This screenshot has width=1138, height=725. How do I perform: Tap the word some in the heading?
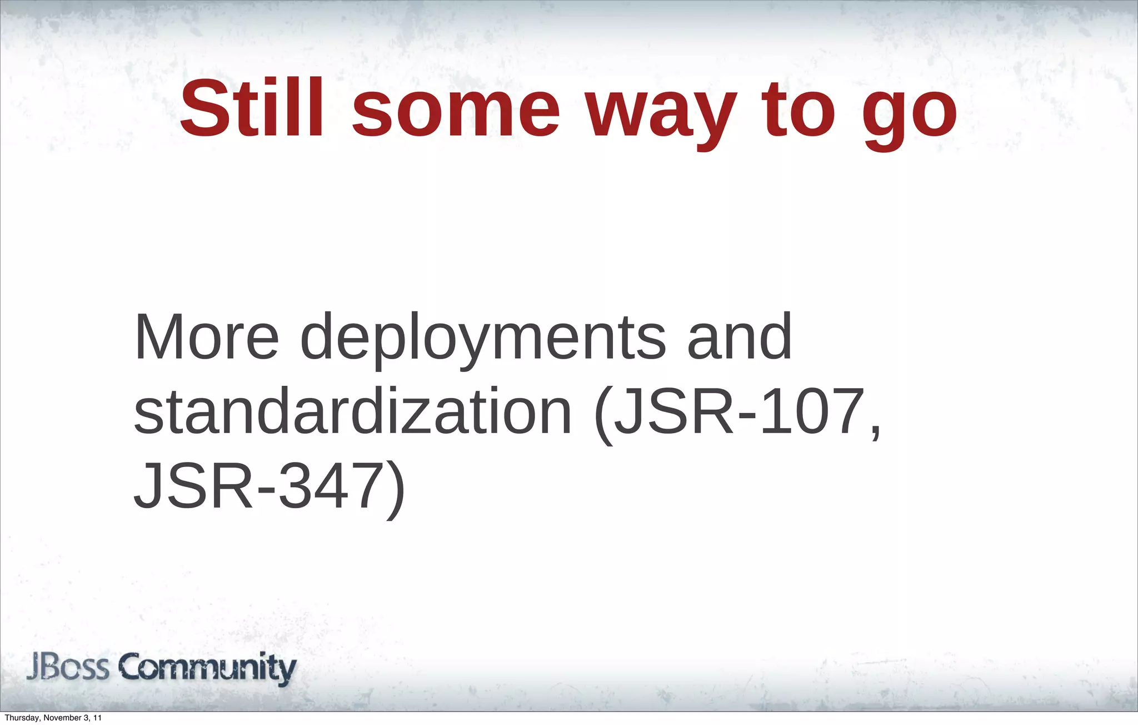point(456,111)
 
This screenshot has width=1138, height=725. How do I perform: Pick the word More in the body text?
point(206,337)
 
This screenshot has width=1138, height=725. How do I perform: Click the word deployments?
point(482,340)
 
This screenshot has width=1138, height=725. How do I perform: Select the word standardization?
point(353,412)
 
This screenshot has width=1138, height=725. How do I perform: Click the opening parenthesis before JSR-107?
point(603,414)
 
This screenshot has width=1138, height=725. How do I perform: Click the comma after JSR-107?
point(876,434)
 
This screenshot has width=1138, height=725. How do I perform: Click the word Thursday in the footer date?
point(21,718)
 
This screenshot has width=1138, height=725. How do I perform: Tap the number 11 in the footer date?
point(97,718)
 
